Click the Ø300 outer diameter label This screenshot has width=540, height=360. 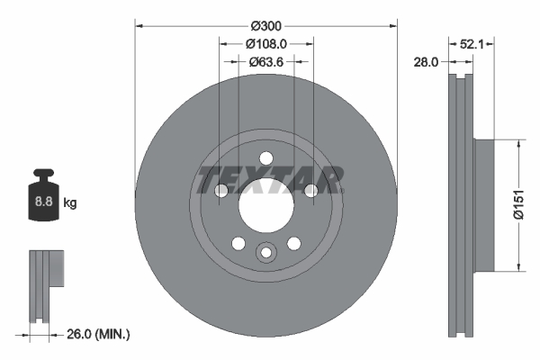tap(265, 24)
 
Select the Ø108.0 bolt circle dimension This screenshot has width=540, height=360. tap(265, 43)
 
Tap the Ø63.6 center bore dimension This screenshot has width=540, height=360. tap(265, 62)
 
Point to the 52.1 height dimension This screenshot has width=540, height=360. tap(473, 42)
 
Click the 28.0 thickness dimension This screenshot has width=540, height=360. tap(427, 62)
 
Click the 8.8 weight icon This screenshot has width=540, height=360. tap(43, 201)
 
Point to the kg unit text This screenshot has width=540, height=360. tap(70, 203)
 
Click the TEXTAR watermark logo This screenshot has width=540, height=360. tap(269, 180)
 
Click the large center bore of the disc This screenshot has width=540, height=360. tap(265, 206)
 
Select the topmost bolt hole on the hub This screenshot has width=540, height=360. tap(265, 158)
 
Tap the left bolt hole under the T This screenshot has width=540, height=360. tap(221, 190)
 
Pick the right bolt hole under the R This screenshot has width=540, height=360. tap(310, 190)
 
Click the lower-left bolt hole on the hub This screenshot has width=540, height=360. tap(238, 243)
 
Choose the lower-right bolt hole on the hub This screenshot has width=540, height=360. tap(293, 243)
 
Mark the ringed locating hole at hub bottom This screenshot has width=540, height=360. tap(265, 254)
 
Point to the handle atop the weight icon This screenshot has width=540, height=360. tap(42, 175)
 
